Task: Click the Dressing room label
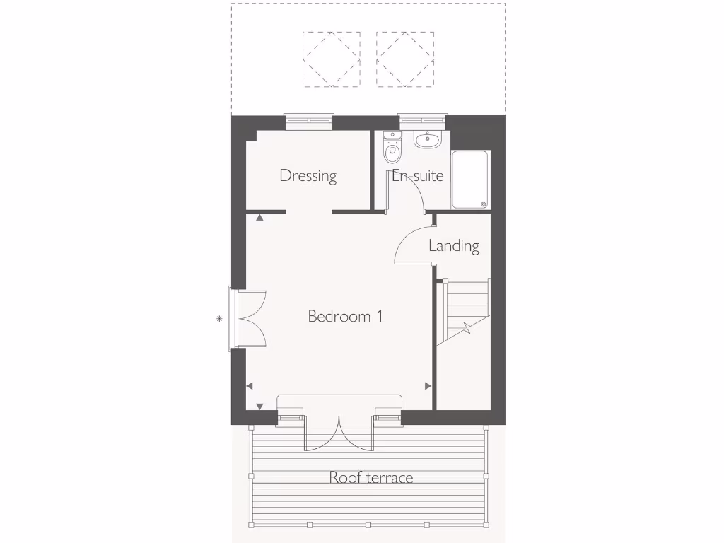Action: click(x=308, y=175)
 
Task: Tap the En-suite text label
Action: click(x=418, y=175)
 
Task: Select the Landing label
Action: click(x=454, y=246)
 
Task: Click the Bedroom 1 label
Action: click(x=345, y=316)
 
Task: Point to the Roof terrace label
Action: click(x=370, y=478)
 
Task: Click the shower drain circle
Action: click(x=484, y=205)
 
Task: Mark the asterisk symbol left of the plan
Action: click(x=219, y=319)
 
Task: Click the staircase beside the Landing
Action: click(x=464, y=311)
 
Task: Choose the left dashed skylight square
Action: click(x=331, y=59)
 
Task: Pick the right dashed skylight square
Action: click(x=405, y=59)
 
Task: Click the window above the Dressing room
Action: click(x=309, y=121)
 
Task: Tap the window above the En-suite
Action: click(x=422, y=121)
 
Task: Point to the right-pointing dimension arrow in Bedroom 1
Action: click(x=428, y=386)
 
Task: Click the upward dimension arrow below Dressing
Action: click(x=259, y=218)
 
